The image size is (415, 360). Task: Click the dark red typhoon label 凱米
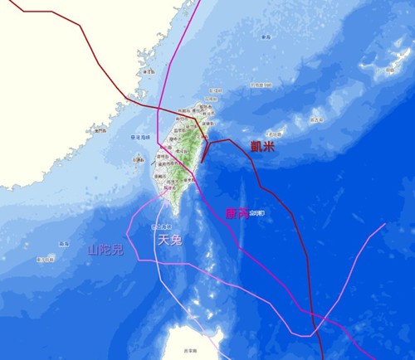pos(264,147)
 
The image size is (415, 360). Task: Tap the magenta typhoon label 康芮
pos(237,213)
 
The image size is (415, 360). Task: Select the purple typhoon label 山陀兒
pos(105,250)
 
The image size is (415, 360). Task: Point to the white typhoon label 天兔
pos(170,241)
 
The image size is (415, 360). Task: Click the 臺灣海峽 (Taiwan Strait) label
pos(142,137)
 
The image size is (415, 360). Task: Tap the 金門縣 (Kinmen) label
pos(101,130)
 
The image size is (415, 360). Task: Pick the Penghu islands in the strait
pos(138,160)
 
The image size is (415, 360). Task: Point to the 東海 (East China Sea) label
pos(266,37)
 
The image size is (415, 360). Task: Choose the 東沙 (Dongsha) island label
pos(44,260)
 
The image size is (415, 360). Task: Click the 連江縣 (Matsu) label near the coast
pos(149,71)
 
